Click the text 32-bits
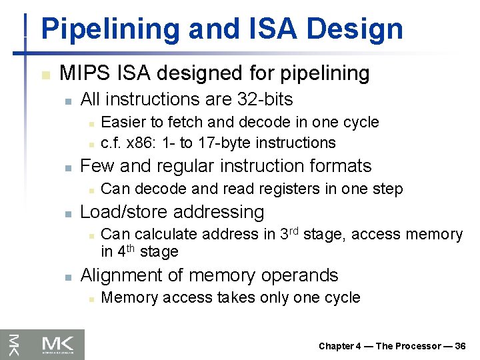point(265,99)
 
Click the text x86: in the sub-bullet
point(136,143)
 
